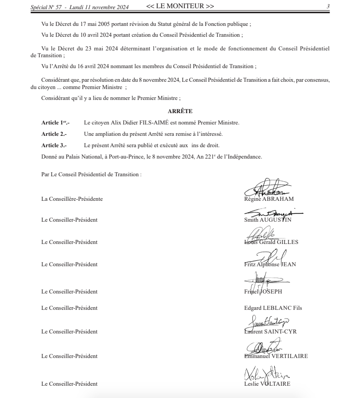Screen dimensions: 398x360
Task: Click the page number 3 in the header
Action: click(328, 7)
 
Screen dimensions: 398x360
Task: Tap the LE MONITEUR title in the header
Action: click(180, 6)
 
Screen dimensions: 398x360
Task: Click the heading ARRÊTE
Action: click(180, 111)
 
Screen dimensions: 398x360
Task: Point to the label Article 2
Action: click(54, 134)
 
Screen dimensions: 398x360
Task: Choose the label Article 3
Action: click(54, 145)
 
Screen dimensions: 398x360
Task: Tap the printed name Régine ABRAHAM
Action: click(269, 199)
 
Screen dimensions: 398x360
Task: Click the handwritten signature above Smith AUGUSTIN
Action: click(272, 213)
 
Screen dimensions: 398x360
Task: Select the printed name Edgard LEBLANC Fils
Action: click(273, 308)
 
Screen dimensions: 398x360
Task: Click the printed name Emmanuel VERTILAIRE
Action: click(276, 356)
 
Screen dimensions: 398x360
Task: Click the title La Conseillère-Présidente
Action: click(72, 199)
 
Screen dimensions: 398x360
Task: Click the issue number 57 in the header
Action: click(59, 7)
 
